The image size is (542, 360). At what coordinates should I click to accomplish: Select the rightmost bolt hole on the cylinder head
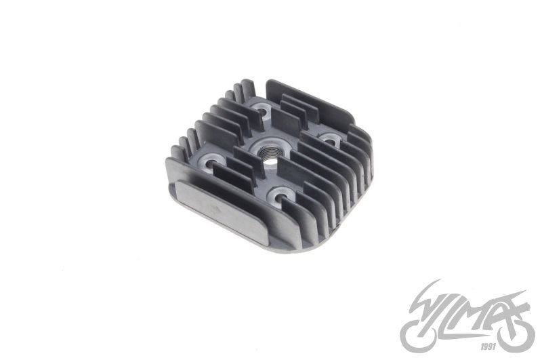tap(331, 138)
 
